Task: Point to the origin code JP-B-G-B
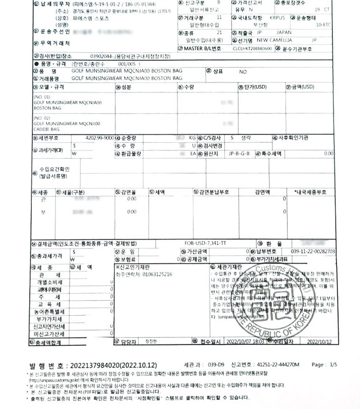pos(239,153)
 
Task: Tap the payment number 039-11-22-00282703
pos(313,251)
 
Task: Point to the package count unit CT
pos(328,9)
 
